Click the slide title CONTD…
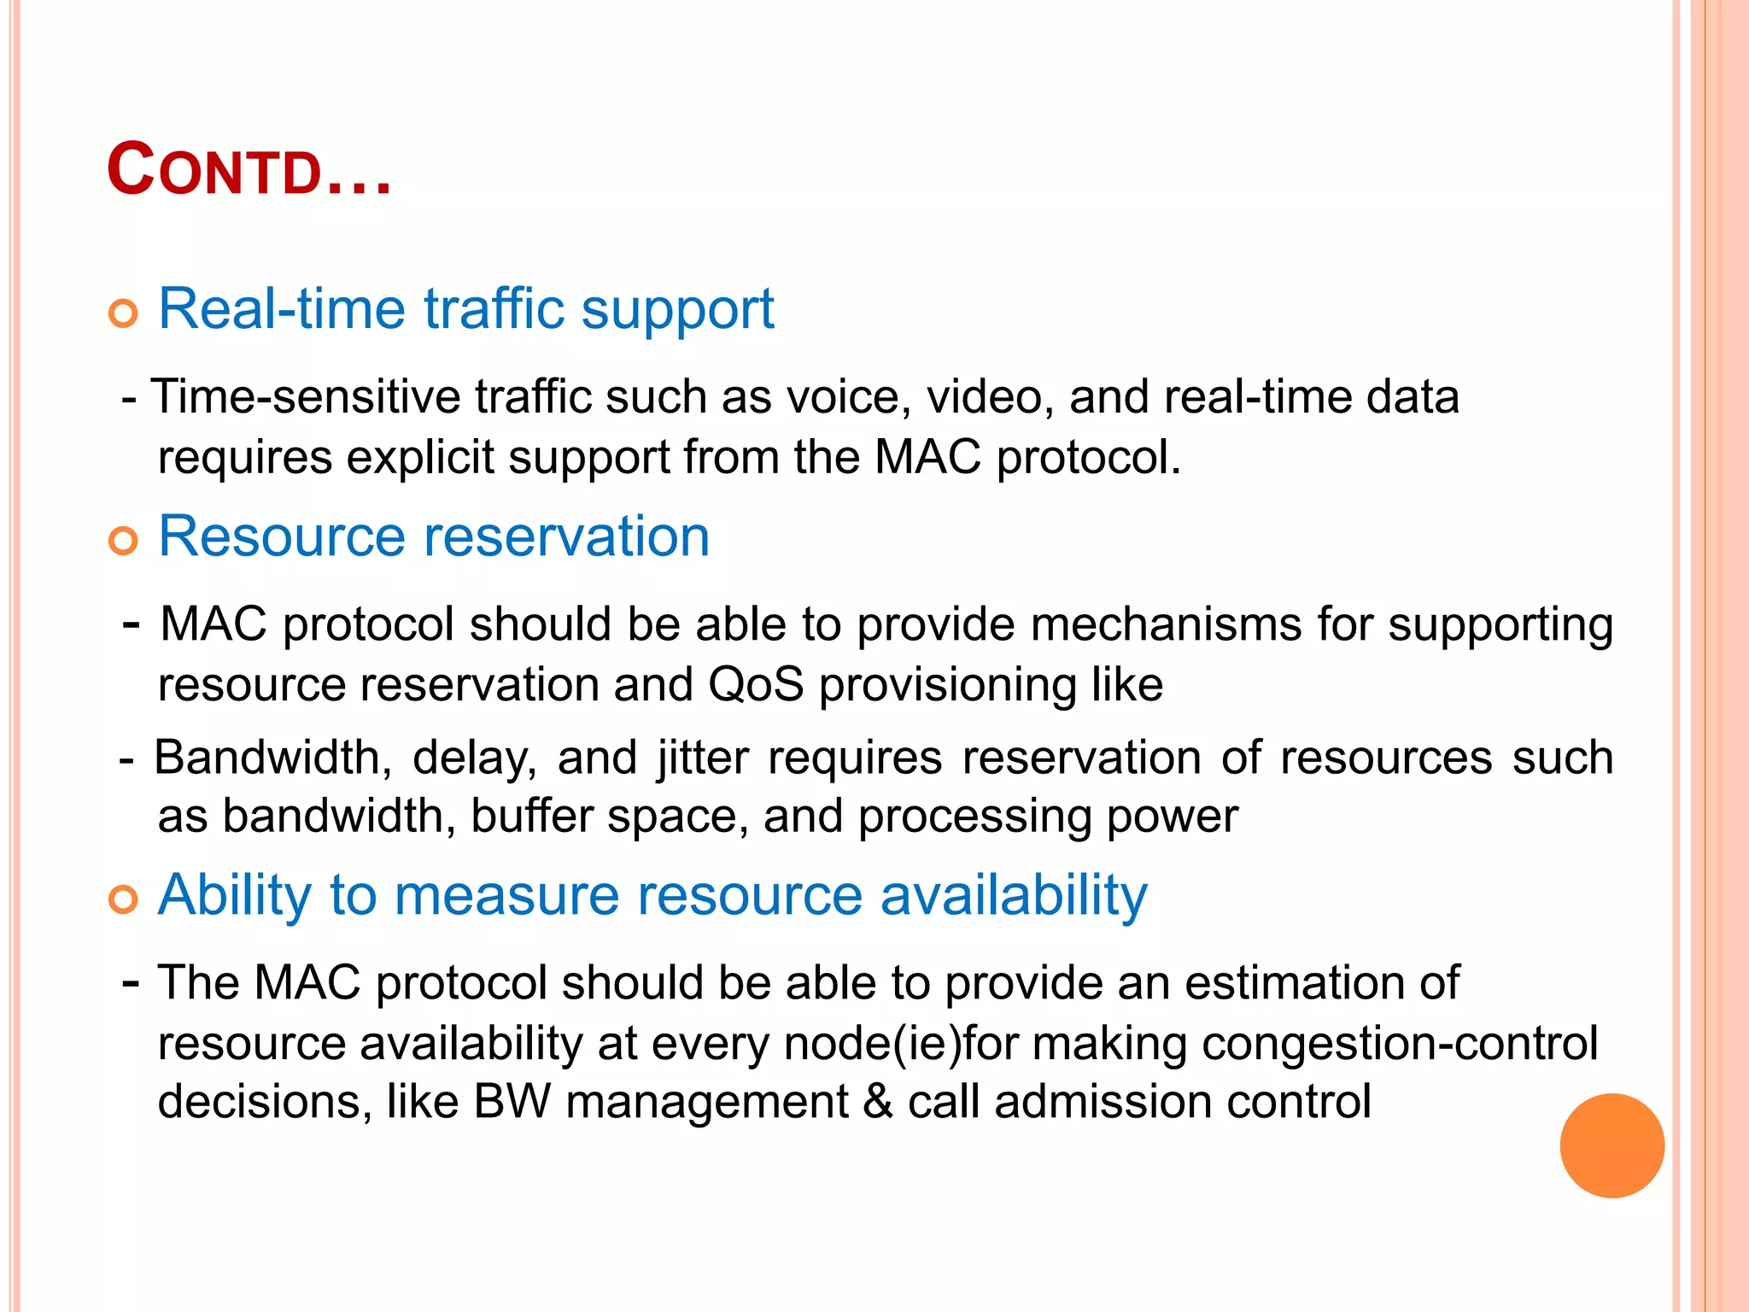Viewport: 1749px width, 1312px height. (249, 171)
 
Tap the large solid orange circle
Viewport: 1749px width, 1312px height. (1612, 1145)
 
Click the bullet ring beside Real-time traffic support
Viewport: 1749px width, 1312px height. (124, 313)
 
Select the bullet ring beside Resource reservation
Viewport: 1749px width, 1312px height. (124, 541)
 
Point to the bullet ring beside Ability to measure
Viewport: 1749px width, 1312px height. (124, 899)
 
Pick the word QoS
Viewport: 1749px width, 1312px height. (756, 685)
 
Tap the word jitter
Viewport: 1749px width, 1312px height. (703, 758)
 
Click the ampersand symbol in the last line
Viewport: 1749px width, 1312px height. (877, 1102)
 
